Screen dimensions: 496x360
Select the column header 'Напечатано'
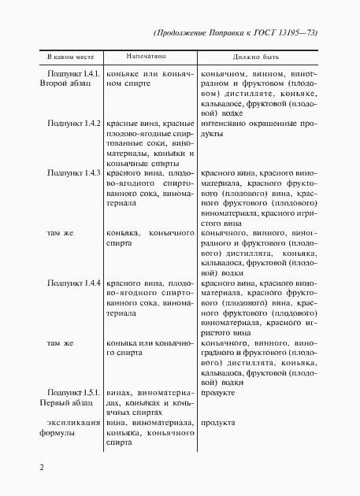pyautogui.click(x=150, y=57)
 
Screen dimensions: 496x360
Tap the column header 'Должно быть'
pyautogui.click(x=251, y=57)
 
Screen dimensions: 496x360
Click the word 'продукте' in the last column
pyautogui.click(x=219, y=392)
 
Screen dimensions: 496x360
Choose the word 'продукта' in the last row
pyautogui.click(x=219, y=423)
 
